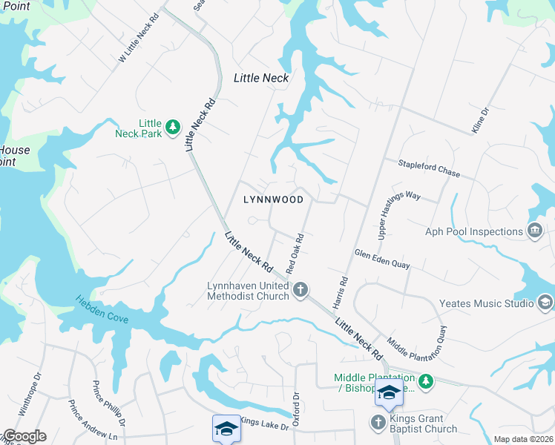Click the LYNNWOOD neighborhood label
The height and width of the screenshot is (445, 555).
pyautogui.click(x=273, y=200)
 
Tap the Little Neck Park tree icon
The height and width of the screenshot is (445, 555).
pyautogui.click(x=173, y=127)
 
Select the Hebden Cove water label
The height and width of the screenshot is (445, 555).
pyautogui.click(x=102, y=310)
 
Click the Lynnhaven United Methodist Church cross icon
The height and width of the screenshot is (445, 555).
pyautogui.click(x=301, y=289)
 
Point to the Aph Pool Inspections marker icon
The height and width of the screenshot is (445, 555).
pyautogui.click(x=534, y=231)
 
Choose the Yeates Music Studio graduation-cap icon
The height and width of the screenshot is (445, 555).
pyautogui.click(x=545, y=303)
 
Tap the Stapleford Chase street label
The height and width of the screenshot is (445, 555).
pyautogui.click(x=429, y=169)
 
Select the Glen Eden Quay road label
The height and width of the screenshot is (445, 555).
pyautogui.click(x=382, y=259)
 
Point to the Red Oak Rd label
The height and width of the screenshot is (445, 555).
pyautogui.click(x=296, y=254)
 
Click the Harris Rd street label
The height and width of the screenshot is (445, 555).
pyautogui.click(x=341, y=292)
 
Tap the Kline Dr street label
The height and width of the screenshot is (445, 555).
pyautogui.click(x=481, y=121)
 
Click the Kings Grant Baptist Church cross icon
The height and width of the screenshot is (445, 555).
pyautogui.click(x=377, y=423)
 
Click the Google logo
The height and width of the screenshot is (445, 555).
pyautogui.click(x=24, y=436)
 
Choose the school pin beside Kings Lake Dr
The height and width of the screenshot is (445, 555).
pyautogui.click(x=226, y=429)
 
